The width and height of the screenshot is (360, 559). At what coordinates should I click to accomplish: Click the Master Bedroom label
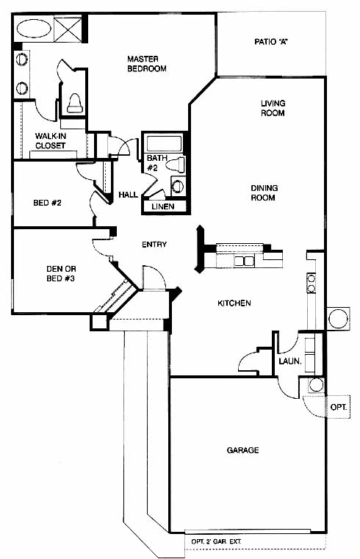click(147, 64)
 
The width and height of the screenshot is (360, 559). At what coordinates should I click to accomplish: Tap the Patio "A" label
click(271, 42)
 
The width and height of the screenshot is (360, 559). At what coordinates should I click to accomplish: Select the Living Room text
click(273, 108)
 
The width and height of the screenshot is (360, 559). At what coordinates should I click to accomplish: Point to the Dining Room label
click(264, 192)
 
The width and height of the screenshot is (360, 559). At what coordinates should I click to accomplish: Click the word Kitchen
click(234, 303)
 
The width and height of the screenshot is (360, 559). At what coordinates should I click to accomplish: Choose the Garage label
click(242, 450)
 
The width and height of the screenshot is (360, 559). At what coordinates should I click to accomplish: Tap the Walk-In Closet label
click(50, 140)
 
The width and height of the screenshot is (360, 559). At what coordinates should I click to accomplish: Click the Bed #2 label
click(47, 203)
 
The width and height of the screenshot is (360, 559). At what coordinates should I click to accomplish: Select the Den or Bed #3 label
click(61, 273)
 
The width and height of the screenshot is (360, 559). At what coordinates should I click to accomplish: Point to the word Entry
click(154, 245)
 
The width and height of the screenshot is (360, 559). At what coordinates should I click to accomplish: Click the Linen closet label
click(163, 206)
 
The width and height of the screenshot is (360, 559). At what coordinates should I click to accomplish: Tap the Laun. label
click(290, 361)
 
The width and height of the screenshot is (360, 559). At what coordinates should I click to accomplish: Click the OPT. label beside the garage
click(339, 407)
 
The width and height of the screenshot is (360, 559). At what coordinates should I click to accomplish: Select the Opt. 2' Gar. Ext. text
click(216, 541)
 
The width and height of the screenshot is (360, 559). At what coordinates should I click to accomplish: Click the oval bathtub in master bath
click(34, 28)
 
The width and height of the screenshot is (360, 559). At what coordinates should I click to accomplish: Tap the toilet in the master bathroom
click(75, 103)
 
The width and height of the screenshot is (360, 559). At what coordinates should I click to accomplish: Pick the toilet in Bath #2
click(176, 165)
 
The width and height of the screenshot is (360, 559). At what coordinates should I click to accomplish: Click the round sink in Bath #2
click(178, 186)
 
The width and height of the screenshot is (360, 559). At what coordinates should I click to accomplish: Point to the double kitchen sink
click(244, 261)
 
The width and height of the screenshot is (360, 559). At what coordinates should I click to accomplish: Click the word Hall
click(128, 195)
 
